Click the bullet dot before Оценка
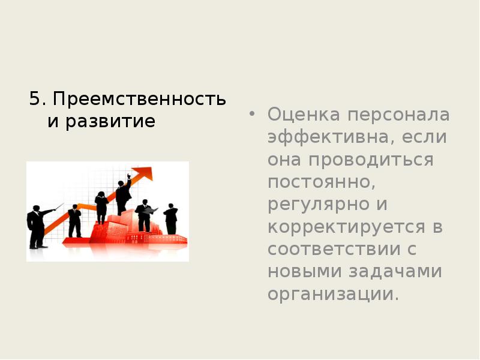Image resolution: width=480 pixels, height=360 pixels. point(253,114)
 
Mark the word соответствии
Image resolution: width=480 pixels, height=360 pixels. point(335,250)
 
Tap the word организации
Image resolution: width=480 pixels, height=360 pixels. point(333,295)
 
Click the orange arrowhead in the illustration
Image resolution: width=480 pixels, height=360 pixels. point(144,173)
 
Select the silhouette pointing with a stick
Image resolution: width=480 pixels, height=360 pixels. point(38,226)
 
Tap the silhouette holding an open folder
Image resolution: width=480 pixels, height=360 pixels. point(145,215)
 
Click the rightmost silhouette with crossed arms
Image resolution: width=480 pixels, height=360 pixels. point(171,218)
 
